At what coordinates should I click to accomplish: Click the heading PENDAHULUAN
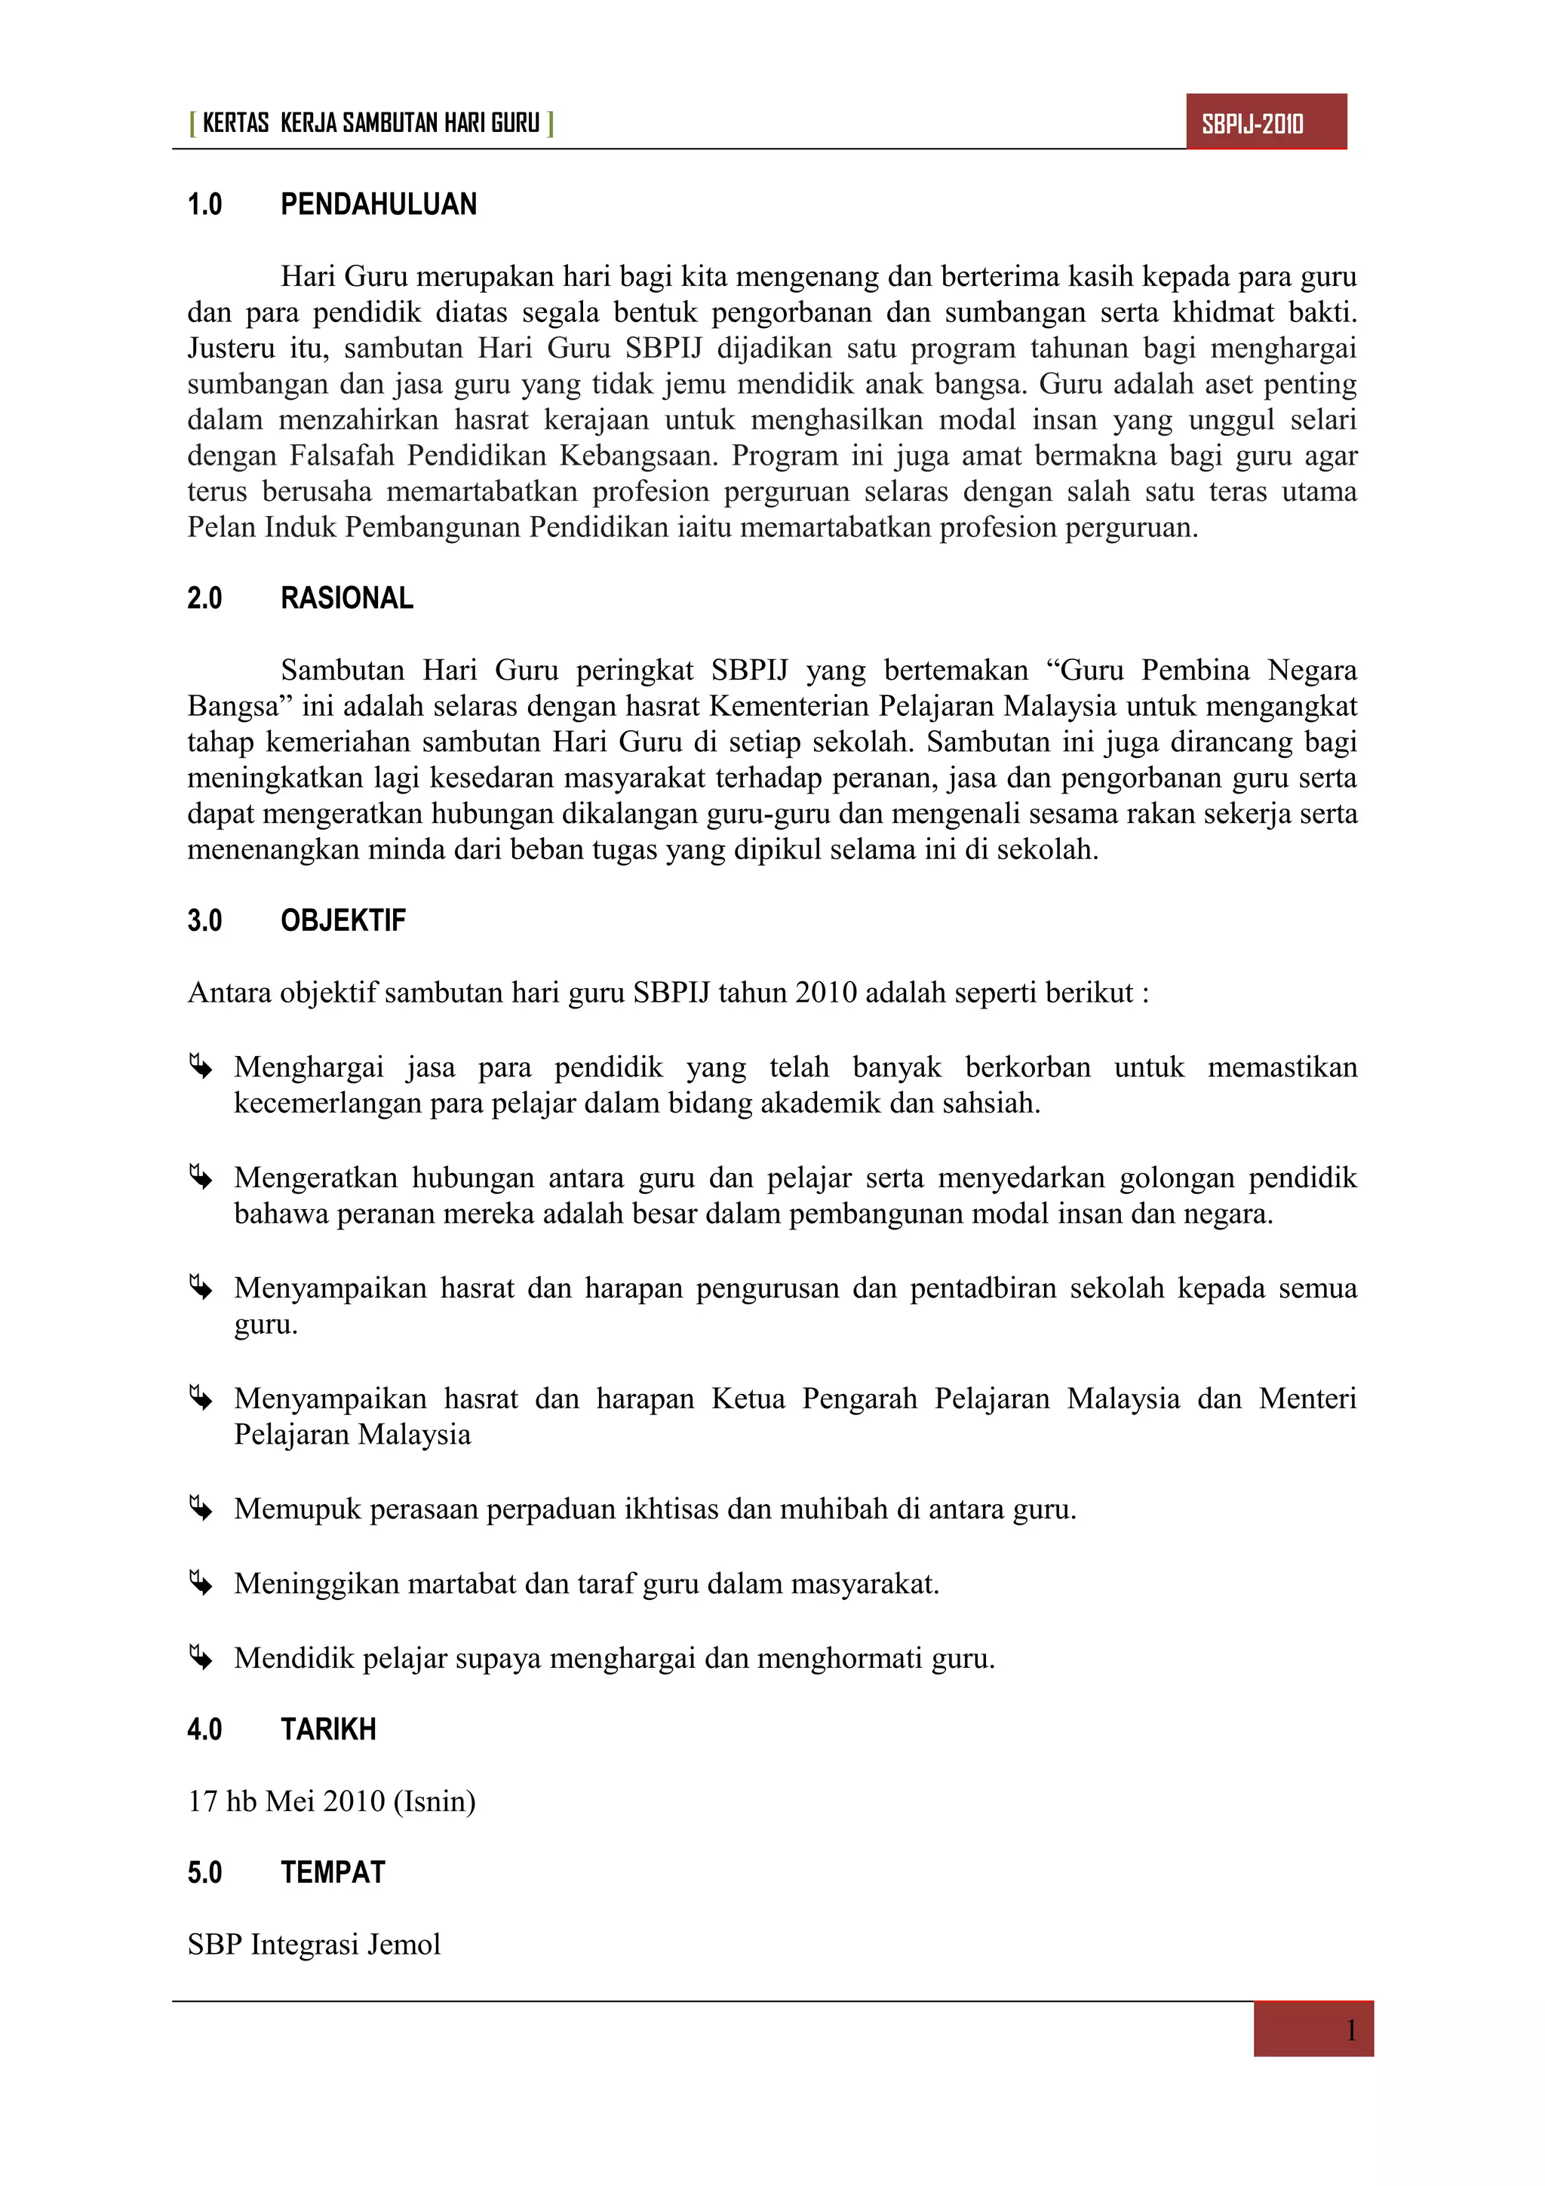pyautogui.click(x=378, y=204)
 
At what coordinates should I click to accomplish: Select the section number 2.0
pyautogui.click(x=204, y=599)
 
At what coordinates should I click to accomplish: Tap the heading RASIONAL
pyautogui.click(x=346, y=599)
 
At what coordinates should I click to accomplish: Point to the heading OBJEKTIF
pyautogui.click(x=342, y=921)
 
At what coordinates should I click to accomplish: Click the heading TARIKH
pyautogui.click(x=328, y=1730)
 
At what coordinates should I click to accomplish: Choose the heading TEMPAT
pyautogui.click(x=332, y=1873)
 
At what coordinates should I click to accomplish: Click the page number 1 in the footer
pyautogui.click(x=1350, y=2032)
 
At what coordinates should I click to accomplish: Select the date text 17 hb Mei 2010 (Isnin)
pyautogui.click(x=331, y=1801)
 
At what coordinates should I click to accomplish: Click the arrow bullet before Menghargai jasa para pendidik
pyautogui.click(x=200, y=1067)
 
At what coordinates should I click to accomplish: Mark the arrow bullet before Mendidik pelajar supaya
pyautogui.click(x=200, y=1657)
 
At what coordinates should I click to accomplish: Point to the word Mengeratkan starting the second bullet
pyautogui.click(x=316, y=1177)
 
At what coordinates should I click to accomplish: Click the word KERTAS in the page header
pyautogui.click(x=235, y=124)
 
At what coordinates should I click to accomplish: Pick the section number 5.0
pyautogui.click(x=204, y=1873)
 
